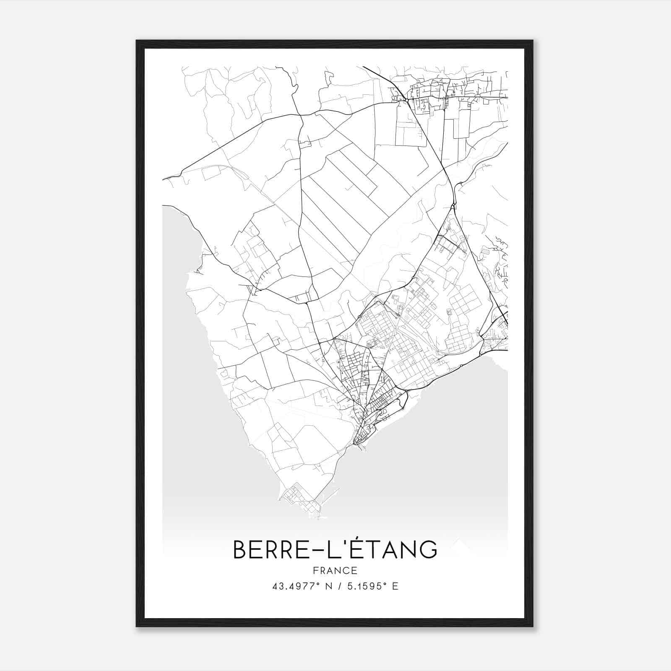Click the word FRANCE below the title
click(335, 570)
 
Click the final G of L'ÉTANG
click(427, 549)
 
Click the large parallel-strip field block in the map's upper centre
click(340, 197)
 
